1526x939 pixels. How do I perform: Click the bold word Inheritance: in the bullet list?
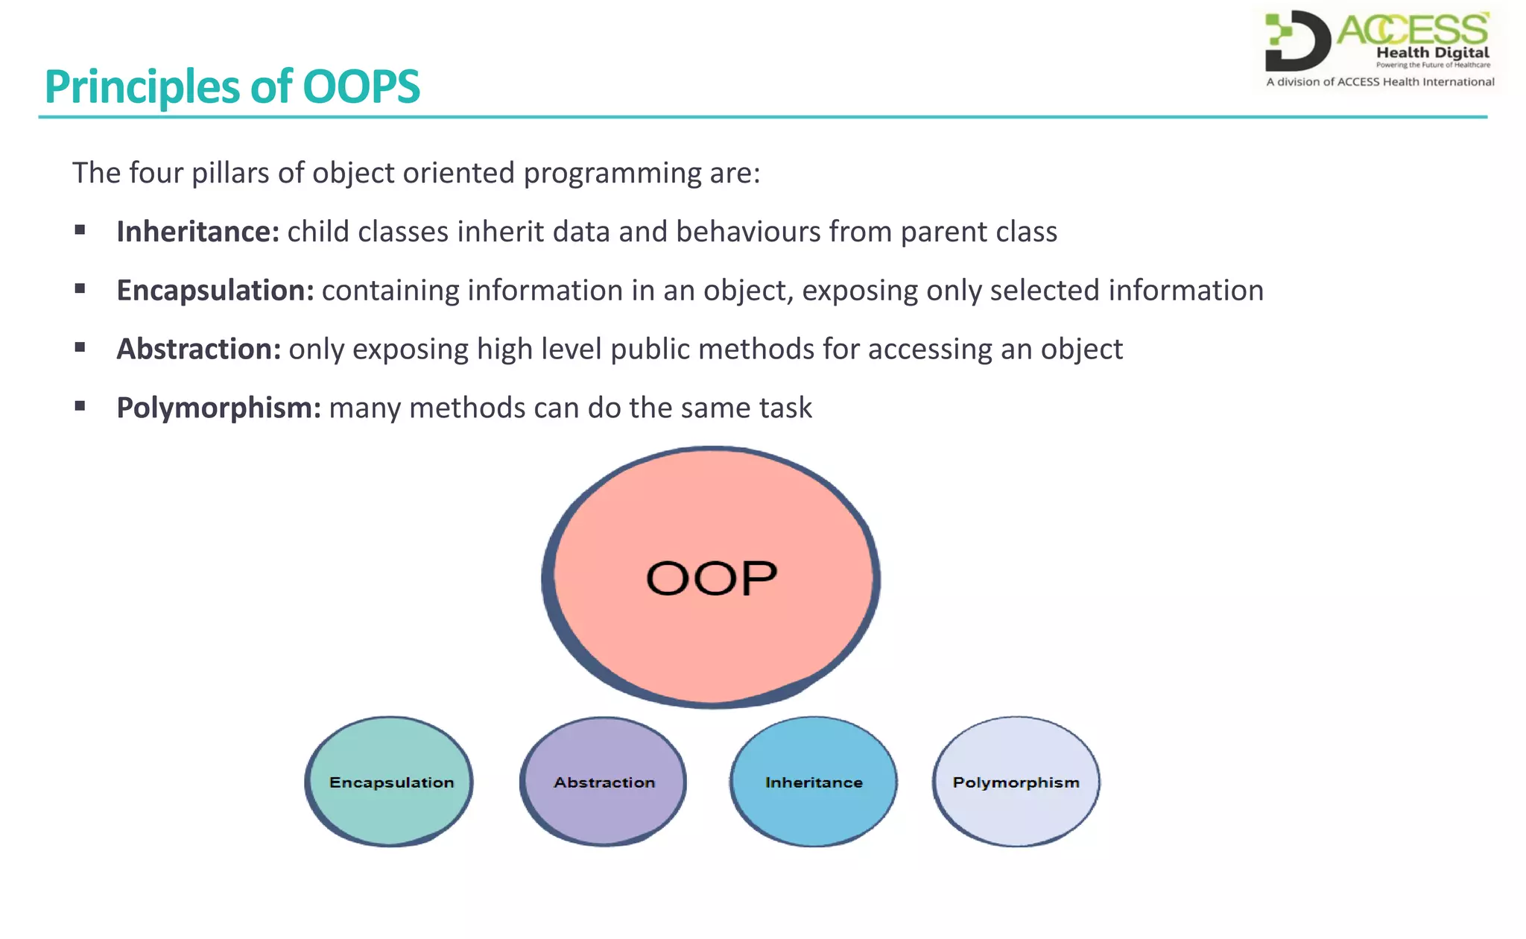197,232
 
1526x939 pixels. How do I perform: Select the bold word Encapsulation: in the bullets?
215,291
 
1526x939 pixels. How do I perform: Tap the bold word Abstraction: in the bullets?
198,350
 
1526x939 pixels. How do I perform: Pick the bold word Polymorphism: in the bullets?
218,408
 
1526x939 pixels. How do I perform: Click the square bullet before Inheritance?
80,230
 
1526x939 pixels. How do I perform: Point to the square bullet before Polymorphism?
80,406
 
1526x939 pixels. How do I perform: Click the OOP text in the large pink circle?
712,578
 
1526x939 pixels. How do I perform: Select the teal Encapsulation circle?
390,782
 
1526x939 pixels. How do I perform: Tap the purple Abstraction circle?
604,782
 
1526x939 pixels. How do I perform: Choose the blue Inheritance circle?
814,782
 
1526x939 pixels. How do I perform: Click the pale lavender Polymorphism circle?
1016,782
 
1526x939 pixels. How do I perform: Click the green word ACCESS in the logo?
1413,30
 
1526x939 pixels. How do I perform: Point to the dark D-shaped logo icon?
1297,41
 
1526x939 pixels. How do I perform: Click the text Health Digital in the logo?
1432,53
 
